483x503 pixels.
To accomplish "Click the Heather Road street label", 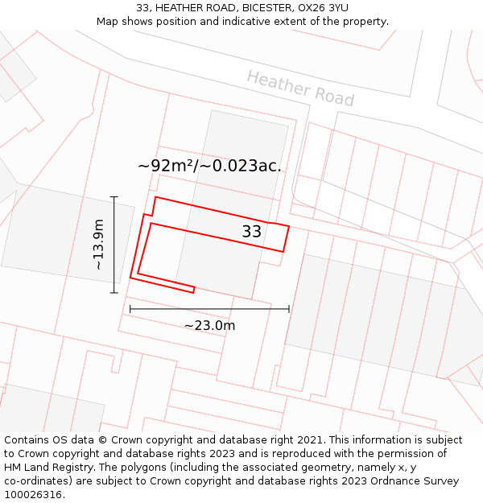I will pyautogui.click(x=299, y=88).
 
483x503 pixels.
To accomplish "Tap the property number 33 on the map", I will pyautogui.click(x=252, y=232).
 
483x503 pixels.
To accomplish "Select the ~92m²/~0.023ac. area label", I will pyautogui.click(x=209, y=167).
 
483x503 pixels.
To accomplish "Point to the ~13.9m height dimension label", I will pyautogui.click(x=98, y=244).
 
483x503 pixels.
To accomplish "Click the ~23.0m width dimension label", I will pyautogui.click(x=209, y=325).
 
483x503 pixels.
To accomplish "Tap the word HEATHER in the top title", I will pyautogui.click(x=176, y=8).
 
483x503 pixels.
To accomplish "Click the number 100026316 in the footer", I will pyautogui.click(x=35, y=495).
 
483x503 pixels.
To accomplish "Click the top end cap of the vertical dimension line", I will pyautogui.click(x=114, y=197).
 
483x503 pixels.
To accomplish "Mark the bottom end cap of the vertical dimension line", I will pyautogui.click(x=114, y=292).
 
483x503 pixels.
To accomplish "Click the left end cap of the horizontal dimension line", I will pyautogui.click(x=130, y=308).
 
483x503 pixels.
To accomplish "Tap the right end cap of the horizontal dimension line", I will pyautogui.click(x=289, y=308).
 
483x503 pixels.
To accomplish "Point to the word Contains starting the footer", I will pyautogui.click(x=27, y=440).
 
